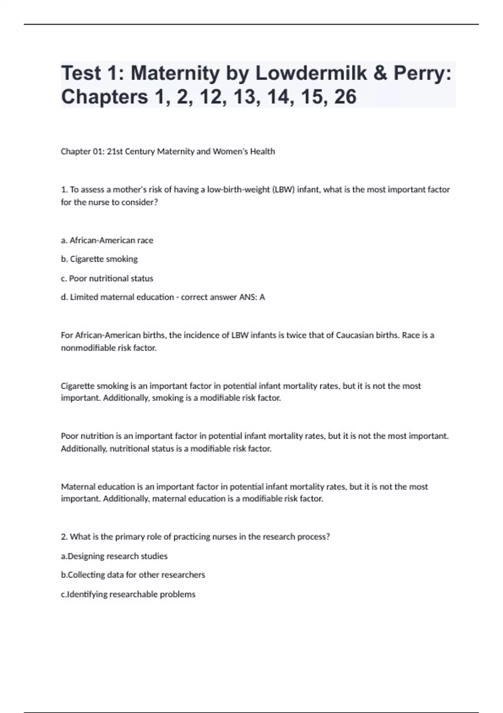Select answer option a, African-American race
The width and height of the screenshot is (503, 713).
107,240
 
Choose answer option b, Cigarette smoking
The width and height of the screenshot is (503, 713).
99,259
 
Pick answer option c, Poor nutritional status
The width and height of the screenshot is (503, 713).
107,278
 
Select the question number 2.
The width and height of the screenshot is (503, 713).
64,537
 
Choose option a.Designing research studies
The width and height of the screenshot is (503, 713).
114,556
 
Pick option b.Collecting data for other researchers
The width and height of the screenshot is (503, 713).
133,575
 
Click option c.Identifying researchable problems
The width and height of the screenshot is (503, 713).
128,594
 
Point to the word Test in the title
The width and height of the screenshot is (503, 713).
81,73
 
